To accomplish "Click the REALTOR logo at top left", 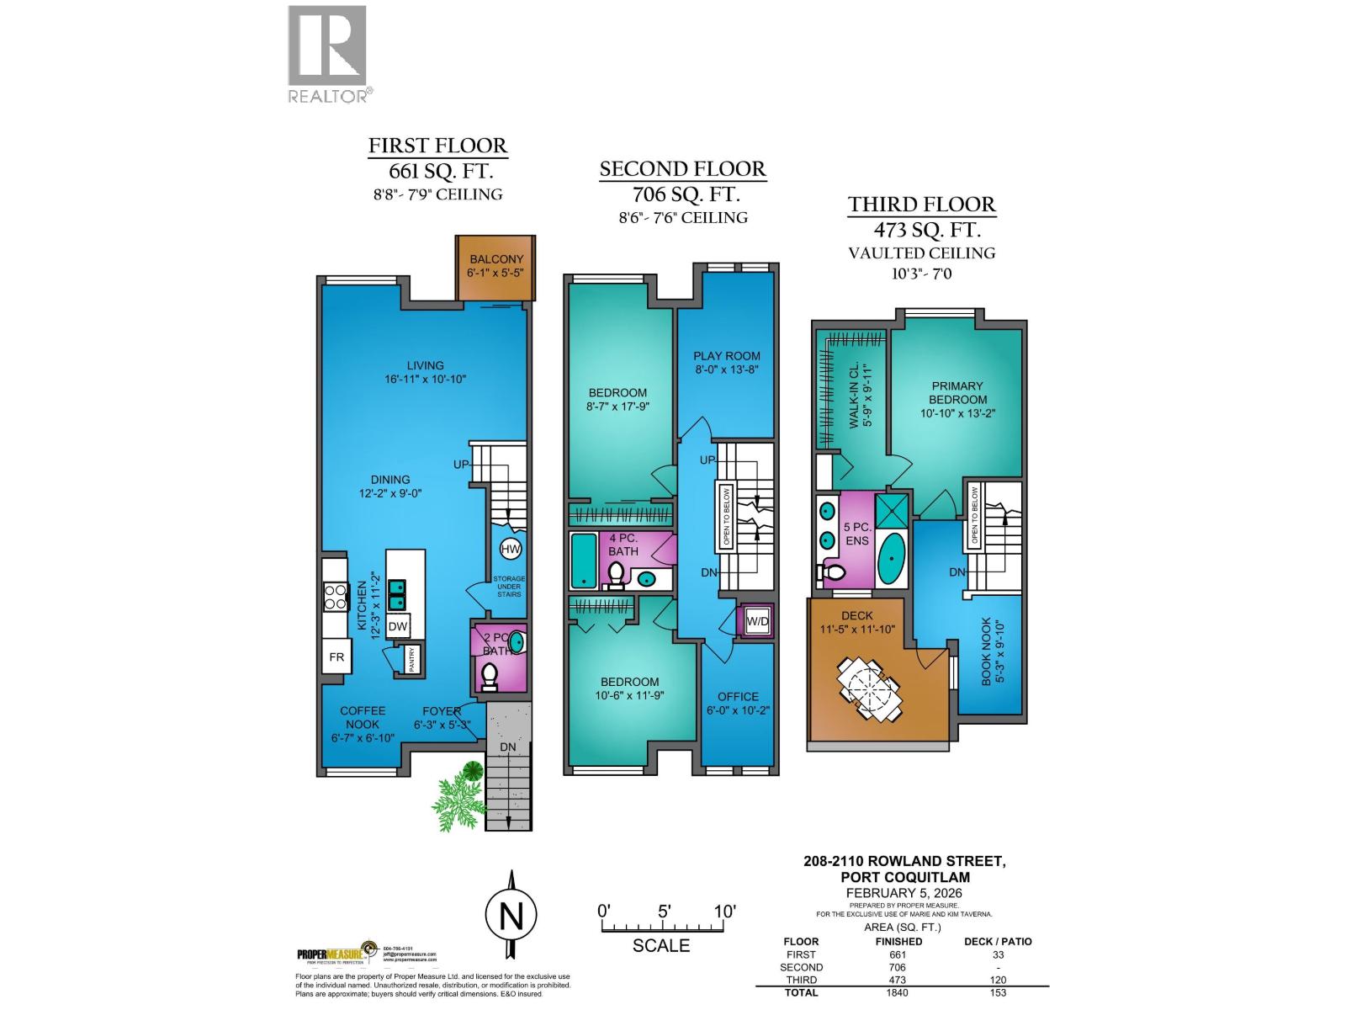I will pyautogui.click(x=327, y=53).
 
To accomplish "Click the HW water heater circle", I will pyautogui.click(x=511, y=550).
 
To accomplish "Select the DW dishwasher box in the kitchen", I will pyautogui.click(x=398, y=626).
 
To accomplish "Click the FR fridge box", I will pyautogui.click(x=336, y=656).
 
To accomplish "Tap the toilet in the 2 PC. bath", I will pyautogui.click(x=489, y=674).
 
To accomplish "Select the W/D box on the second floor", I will pyautogui.click(x=757, y=622).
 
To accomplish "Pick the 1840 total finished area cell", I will pyautogui.click(x=898, y=992).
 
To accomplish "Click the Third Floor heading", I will pyautogui.click(x=921, y=205).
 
